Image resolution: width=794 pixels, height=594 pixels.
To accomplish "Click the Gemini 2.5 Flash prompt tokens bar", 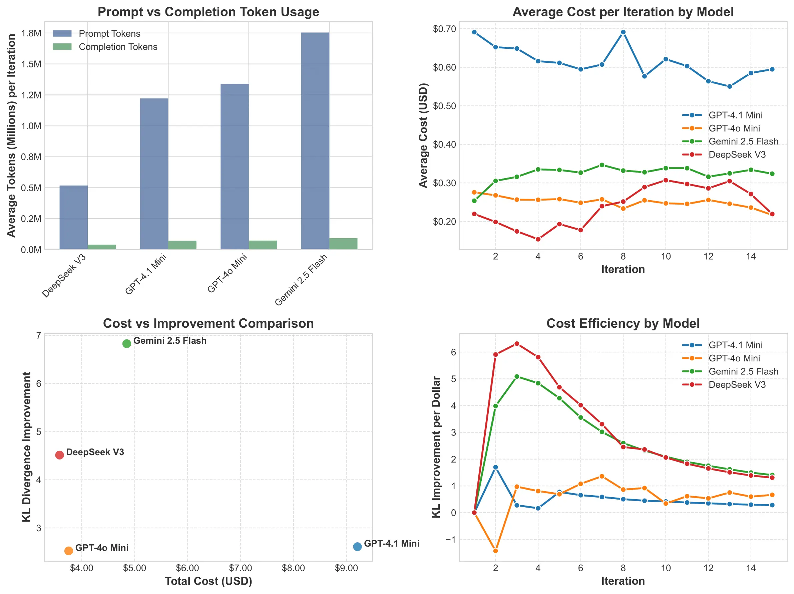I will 315,141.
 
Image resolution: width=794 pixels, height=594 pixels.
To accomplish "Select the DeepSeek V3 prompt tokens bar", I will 74,217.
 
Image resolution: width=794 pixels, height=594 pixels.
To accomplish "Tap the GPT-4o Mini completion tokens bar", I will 263,245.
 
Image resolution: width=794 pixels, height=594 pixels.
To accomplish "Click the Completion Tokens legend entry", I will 117,47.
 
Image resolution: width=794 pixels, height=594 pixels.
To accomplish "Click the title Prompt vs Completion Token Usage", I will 208,12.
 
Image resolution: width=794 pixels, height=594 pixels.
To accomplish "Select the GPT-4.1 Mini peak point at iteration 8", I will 623,32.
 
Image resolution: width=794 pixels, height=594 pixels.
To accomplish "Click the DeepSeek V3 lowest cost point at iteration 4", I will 538,239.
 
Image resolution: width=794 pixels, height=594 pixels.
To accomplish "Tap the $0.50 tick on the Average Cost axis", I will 444,106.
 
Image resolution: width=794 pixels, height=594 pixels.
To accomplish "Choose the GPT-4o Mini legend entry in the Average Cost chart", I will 734,128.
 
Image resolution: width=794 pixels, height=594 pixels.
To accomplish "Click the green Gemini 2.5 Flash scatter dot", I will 127,344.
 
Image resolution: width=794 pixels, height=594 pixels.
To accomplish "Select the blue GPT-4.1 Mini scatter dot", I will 357,547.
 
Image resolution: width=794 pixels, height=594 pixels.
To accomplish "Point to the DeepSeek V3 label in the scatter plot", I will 95,452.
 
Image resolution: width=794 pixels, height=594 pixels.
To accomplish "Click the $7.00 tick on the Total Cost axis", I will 240,568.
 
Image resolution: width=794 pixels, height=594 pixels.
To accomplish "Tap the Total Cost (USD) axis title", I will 208,581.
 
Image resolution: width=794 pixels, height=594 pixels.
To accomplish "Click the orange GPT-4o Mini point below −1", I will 495,551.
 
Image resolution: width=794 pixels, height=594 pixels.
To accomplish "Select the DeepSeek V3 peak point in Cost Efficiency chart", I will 516,344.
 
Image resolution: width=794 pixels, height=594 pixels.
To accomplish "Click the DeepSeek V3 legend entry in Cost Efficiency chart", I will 737,385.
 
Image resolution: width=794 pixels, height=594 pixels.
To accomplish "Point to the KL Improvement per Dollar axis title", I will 436,447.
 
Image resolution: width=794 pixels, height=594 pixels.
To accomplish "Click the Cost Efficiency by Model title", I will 623,323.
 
